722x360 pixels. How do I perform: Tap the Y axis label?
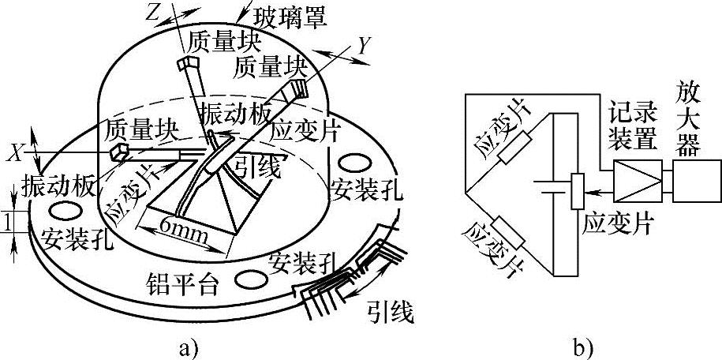(x=364, y=47)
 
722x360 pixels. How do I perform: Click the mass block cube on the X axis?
(x=118, y=151)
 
